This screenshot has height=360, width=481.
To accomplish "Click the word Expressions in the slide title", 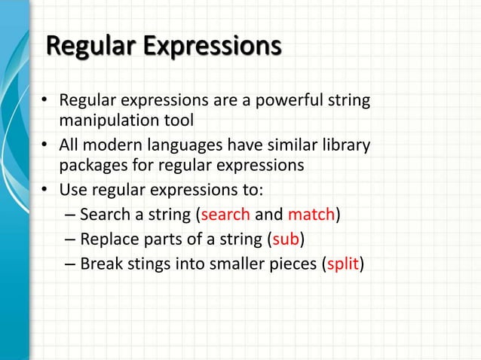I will [x=213, y=47].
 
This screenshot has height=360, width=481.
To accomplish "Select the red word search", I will [x=225, y=215].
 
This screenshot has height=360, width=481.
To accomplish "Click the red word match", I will [x=311, y=215].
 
